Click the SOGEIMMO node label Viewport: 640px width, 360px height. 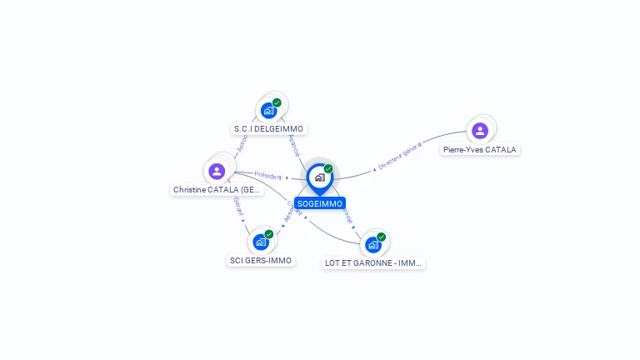(x=319, y=203)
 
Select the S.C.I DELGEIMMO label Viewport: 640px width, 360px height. (x=269, y=129)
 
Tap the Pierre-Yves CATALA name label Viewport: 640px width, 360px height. (x=479, y=150)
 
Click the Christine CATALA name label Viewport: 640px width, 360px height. (x=217, y=190)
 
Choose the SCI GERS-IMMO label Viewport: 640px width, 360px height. (x=261, y=261)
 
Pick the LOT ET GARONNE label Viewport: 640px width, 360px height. (x=373, y=263)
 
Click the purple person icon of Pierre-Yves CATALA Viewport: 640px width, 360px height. (x=479, y=130)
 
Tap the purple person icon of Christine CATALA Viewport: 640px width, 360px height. (x=217, y=171)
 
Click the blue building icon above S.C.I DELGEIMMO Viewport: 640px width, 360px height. (x=268, y=110)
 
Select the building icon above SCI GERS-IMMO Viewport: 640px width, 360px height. (x=261, y=242)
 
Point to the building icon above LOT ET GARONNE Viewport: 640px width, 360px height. (x=372, y=244)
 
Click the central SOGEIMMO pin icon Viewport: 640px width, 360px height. (x=319, y=177)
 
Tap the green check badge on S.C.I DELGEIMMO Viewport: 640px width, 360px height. (x=277, y=102)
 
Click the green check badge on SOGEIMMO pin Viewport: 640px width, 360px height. (x=328, y=168)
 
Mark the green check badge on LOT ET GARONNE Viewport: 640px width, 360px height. (x=381, y=237)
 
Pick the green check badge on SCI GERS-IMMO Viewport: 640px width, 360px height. (x=269, y=234)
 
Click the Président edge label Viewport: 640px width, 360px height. (x=268, y=176)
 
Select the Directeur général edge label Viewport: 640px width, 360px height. (x=400, y=156)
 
